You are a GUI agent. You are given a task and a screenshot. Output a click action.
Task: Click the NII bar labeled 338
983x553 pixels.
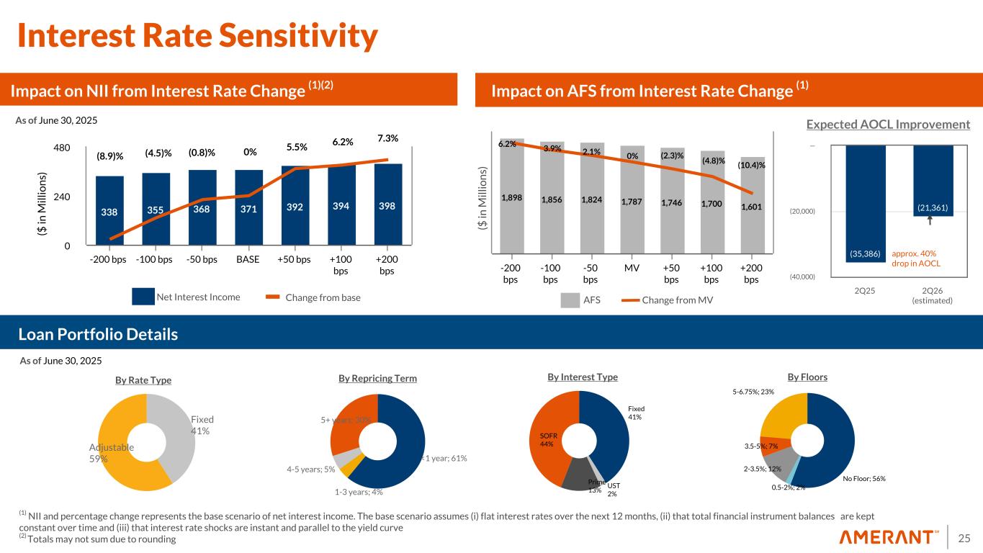[109, 210]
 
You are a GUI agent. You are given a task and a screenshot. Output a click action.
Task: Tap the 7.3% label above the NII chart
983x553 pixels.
[387, 138]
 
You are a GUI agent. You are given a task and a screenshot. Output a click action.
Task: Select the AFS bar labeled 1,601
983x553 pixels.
[753, 204]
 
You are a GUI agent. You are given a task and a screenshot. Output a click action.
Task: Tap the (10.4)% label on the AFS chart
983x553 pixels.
[751, 166]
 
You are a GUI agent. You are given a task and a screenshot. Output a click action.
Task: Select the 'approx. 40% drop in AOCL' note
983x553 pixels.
[916, 258]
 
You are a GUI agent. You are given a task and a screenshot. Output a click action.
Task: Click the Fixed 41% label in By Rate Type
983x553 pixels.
[202, 425]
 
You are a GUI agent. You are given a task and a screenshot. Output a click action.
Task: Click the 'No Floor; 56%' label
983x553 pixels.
[863, 478]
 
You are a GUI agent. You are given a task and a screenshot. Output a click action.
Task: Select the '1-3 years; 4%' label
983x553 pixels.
[359, 493]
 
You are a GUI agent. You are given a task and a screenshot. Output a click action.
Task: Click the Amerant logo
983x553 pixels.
[890, 537]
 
